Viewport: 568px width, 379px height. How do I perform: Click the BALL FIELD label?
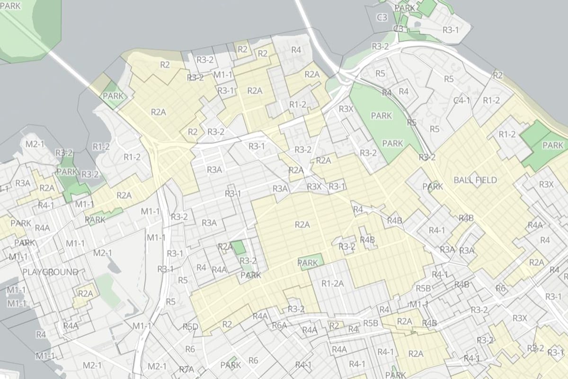(475, 180)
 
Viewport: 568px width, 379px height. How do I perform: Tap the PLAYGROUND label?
(51, 272)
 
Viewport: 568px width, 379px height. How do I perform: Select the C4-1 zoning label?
(461, 100)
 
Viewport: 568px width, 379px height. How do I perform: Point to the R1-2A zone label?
(332, 284)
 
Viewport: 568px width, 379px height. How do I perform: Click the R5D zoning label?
(190, 326)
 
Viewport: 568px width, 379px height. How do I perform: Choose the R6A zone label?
(279, 325)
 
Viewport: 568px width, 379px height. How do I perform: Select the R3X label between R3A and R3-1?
(314, 187)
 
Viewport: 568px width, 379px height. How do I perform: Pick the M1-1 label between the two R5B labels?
(418, 304)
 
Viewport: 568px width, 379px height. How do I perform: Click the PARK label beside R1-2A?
(308, 262)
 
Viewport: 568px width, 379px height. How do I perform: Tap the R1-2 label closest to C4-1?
(491, 100)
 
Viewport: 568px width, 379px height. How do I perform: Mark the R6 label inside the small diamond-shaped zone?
(500, 288)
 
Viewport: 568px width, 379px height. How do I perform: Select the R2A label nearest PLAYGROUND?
(85, 293)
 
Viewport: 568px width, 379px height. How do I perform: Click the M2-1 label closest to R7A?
(156, 366)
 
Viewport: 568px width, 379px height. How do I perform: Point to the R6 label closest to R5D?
(190, 349)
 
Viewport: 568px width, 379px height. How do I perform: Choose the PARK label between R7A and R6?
(231, 365)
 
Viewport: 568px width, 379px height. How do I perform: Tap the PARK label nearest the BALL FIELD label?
(433, 187)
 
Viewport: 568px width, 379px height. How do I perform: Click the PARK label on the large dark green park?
(553, 145)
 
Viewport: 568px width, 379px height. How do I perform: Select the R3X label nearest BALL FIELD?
(546, 184)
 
